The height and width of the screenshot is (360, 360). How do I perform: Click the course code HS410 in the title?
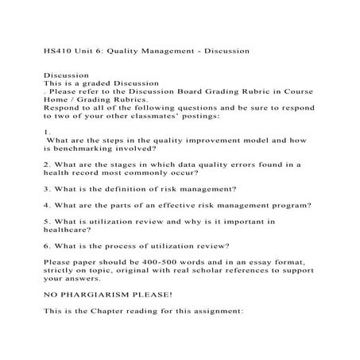click(55, 50)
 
